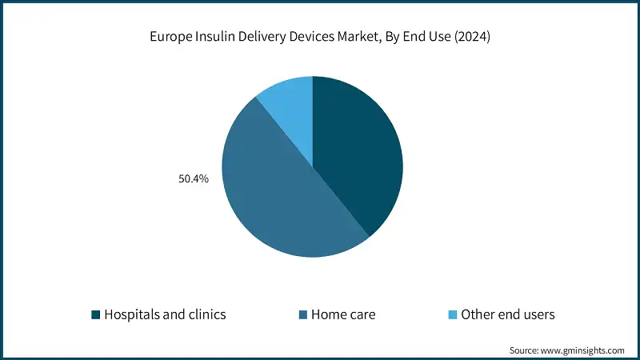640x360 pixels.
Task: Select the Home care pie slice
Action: click(x=280, y=192)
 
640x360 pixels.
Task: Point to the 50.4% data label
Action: click(x=193, y=179)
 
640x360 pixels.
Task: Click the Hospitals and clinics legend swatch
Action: click(x=96, y=314)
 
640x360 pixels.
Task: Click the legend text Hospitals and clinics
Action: click(x=165, y=314)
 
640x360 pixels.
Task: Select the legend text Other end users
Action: click(x=508, y=314)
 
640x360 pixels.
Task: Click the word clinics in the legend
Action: click(x=206, y=314)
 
